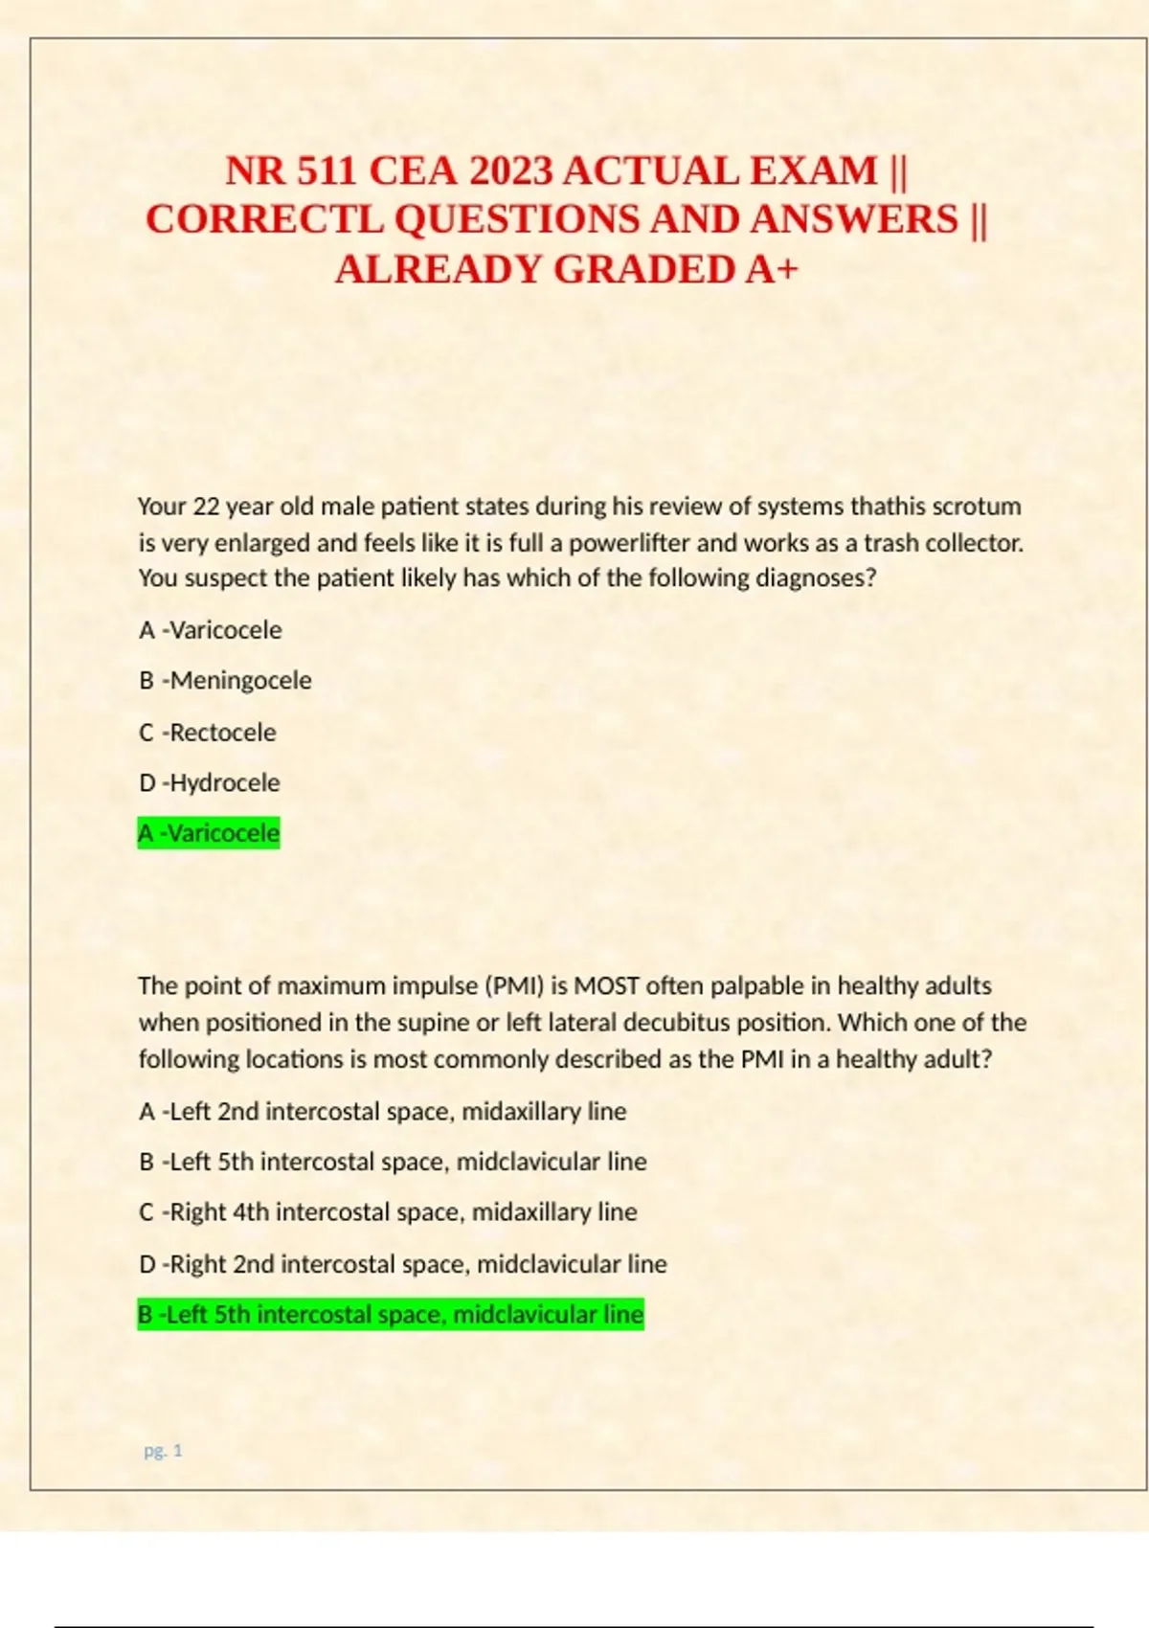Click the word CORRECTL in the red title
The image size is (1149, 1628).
click(x=265, y=219)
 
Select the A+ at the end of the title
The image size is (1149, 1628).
click(x=771, y=269)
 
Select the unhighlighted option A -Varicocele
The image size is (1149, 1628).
click(x=211, y=630)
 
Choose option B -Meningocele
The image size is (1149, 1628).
click(x=225, y=681)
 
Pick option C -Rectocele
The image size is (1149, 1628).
click(x=208, y=733)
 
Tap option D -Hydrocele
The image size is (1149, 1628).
click(x=210, y=782)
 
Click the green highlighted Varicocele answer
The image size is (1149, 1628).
click(x=209, y=833)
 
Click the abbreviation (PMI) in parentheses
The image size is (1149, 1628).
click(x=515, y=985)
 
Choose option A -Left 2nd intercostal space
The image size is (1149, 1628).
click(x=382, y=1111)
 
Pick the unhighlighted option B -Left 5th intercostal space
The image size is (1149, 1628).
click(x=393, y=1162)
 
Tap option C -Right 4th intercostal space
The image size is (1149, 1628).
click(x=388, y=1212)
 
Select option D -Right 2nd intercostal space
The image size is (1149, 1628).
click(x=402, y=1264)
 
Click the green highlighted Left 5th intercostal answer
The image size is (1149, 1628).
click(x=391, y=1315)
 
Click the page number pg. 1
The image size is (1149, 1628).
click(x=163, y=1451)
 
